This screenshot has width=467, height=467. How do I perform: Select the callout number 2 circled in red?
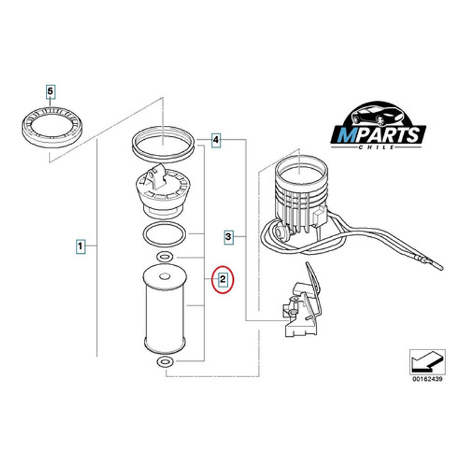coord(222,279)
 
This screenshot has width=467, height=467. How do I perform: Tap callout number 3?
coord(228,236)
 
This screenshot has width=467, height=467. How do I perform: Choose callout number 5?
coord(51,91)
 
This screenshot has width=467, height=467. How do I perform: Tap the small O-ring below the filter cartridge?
coord(165,362)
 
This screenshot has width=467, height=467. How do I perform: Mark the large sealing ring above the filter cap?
coord(164,142)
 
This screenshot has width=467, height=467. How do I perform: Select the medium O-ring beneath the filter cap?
coord(164,234)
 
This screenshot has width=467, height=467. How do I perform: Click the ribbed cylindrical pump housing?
coord(299,193)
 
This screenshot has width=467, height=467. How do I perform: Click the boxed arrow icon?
coord(427,362)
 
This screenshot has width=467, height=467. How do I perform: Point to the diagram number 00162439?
coord(427,380)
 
